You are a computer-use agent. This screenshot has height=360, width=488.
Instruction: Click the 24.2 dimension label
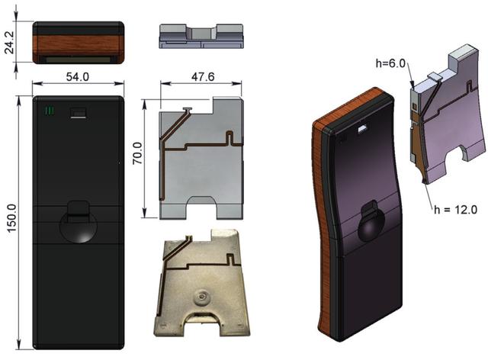(10, 42)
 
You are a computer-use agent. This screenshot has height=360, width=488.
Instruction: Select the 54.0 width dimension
(78, 76)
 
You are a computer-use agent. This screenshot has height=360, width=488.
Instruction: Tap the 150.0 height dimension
(12, 218)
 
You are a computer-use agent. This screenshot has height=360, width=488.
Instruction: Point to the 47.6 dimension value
(203, 76)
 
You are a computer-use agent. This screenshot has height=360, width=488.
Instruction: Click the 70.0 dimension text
(137, 153)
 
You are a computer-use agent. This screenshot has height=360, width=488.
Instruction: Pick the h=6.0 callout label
(390, 63)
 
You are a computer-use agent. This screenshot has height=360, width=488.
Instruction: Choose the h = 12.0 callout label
(456, 210)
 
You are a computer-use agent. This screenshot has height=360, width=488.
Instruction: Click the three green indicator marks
(50, 111)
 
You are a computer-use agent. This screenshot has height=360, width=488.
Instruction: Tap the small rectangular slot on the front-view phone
(79, 113)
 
